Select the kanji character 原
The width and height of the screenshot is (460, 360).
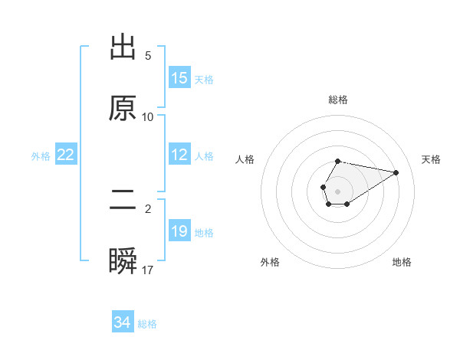pos(123,109)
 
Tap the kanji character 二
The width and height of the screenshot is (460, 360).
pos(123,201)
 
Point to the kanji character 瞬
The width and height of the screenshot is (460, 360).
pos(123,262)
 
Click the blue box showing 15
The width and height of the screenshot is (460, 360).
pos(179,78)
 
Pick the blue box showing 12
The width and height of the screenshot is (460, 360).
pos(179,155)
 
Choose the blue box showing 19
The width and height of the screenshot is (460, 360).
pos(179,231)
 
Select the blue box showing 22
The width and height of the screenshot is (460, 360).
pos(66,155)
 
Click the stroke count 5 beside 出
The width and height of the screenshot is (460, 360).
pos(148,55)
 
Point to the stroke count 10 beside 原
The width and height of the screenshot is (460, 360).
pos(148,116)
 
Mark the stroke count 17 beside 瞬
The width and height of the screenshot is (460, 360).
pos(148,270)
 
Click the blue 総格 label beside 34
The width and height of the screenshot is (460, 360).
pos(147,324)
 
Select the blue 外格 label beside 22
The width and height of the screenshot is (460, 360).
pos(41,155)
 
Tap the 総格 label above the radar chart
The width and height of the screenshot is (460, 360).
pos(337,100)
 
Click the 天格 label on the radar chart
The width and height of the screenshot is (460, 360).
pos(432,159)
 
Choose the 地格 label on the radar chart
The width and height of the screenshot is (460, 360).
pos(402,262)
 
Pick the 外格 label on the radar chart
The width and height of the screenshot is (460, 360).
pos(270,262)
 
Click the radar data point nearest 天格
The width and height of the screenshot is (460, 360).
pos(396,172)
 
